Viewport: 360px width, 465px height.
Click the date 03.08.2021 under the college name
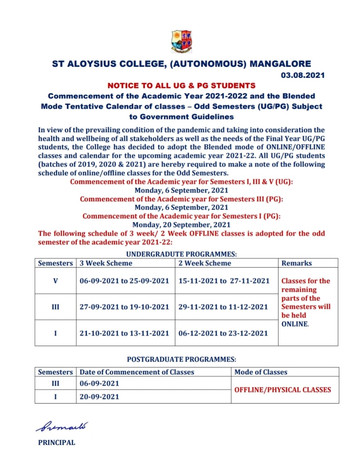coord(303,75)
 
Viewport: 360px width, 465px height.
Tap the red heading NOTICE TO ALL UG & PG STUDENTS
coord(181,86)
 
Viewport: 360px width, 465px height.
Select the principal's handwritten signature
coord(62,426)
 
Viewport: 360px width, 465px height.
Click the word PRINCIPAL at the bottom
coord(57,442)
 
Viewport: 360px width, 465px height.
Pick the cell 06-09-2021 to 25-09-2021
coord(124,281)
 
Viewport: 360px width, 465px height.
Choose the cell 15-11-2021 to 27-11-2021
coord(224,281)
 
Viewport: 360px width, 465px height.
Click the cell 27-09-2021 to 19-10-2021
coord(124,307)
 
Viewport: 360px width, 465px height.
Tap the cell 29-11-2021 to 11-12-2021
coord(223,307)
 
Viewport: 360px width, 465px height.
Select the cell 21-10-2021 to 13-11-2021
coord(124,333)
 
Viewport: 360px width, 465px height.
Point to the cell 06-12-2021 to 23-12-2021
coord(223,333)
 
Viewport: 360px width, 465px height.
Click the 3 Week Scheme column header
coord(106,263)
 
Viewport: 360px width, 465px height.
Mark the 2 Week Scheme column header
coord(205,263)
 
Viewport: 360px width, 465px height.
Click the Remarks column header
coord(296,263)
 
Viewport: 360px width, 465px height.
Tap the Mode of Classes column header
coord(261,372)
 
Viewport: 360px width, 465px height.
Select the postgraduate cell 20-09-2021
coord(99,397)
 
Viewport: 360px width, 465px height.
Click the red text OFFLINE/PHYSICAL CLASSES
coord(283,390)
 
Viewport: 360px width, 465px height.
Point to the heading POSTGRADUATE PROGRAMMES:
coord(181,359)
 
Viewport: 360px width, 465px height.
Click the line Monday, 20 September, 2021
coord(181,225)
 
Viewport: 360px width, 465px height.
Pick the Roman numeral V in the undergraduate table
coord(55,281)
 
